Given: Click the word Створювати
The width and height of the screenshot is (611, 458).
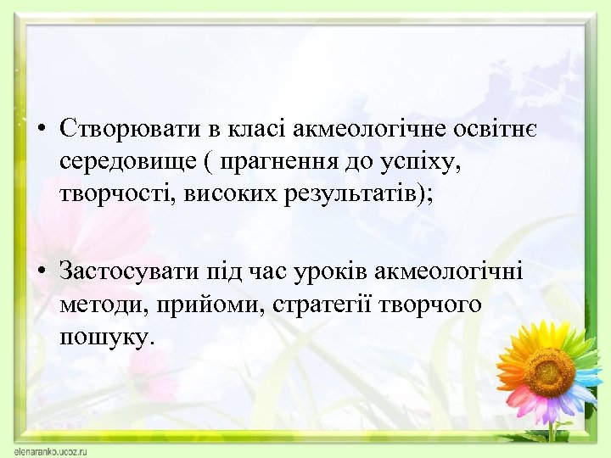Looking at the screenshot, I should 131,129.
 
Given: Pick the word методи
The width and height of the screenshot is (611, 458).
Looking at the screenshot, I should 98,304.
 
